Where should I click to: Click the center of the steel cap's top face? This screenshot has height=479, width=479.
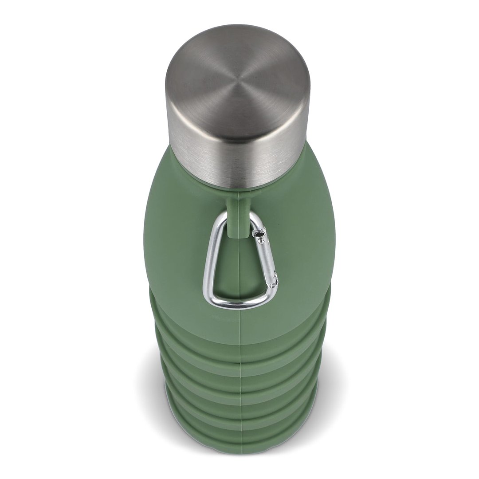(x=237, y=84)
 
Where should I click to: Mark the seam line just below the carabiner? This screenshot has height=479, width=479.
(x=240, y=319)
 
